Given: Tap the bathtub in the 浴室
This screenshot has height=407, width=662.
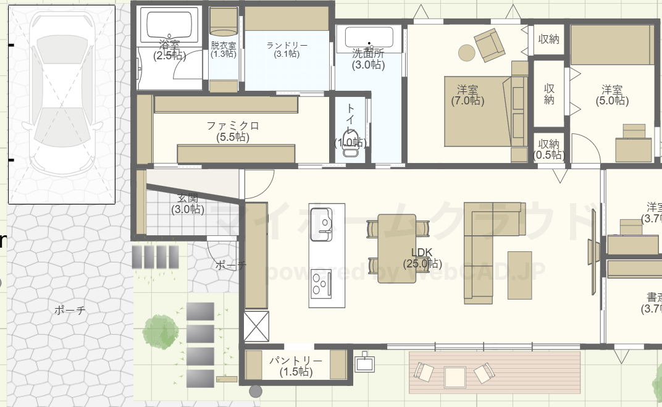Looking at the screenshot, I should [170, 25].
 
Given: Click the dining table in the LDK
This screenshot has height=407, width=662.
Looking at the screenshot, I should [397, 248].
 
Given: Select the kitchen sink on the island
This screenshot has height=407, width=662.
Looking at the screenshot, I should [321, 225].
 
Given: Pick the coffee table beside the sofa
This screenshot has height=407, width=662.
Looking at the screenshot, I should [519, 274].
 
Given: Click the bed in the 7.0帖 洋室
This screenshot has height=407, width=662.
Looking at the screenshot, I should [479, 111].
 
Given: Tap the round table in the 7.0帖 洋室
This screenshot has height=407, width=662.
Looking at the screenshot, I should [466, 53].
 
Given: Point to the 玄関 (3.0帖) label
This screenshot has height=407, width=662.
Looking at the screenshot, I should [188, 204].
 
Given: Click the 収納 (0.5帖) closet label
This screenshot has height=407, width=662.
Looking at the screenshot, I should [548, 148].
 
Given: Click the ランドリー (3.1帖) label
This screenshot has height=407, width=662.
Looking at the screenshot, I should [287, 49].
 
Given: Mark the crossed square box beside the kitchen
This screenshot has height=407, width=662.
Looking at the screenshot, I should [256, 326].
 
